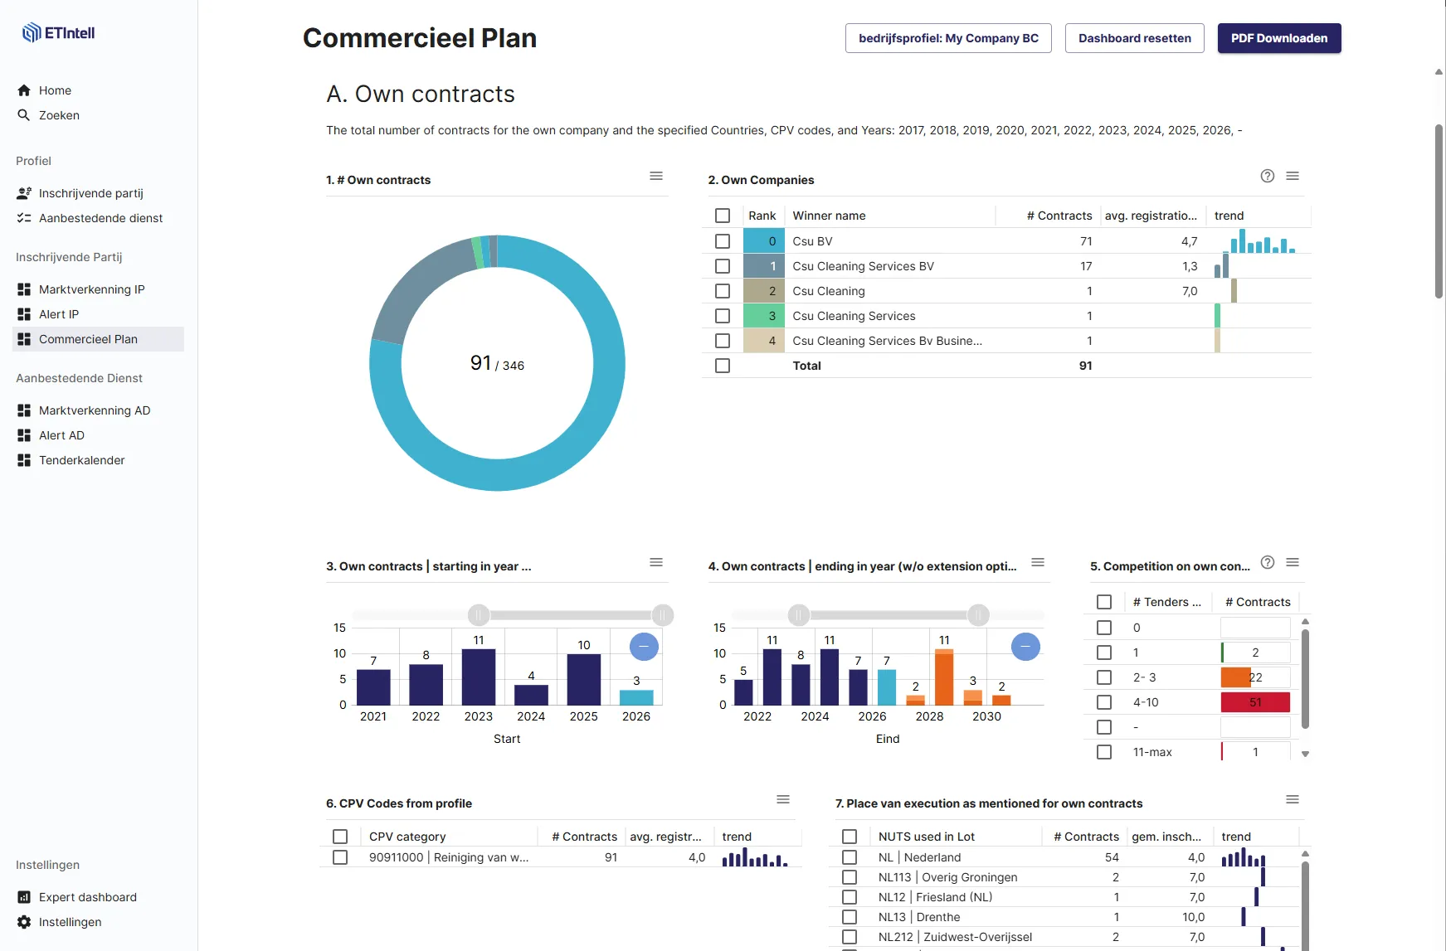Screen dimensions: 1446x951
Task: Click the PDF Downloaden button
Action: [x=1279, y=38]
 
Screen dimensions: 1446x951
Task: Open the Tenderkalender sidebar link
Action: [x=81, y=460]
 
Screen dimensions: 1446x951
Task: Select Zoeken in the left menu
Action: [x=59, y=115]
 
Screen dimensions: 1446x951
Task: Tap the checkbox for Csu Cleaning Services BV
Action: [x=723, y=266]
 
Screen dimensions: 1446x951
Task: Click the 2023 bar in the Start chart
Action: [x=479, y=677]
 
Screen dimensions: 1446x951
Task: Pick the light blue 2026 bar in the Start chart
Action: [x=636, y=697]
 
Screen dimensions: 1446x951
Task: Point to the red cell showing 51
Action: [x=1255, y=702]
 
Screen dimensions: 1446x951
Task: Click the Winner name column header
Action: [x=829, y=216]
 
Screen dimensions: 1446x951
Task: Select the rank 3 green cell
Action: [x=764, y=316]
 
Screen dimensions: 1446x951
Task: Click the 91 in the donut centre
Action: [x=480, y=363]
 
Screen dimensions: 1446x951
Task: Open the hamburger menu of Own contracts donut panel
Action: [x=656, y=176]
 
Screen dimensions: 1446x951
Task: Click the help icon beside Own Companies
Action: [x=1268, y=176]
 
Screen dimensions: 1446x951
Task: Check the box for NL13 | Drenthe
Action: [x=850, y=917]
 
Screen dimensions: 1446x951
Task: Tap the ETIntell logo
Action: [x=58, y=33]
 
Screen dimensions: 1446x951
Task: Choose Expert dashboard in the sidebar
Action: [x=87, y=897]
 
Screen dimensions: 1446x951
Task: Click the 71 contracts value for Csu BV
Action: [x=1086, y=241]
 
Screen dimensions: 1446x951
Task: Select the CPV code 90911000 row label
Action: [x=449, y=857]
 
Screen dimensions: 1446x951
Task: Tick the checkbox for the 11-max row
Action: [x=1104, y=752]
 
